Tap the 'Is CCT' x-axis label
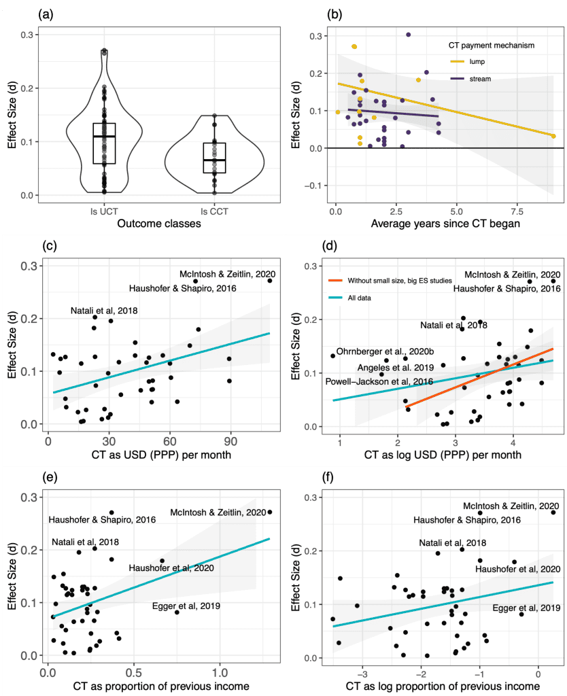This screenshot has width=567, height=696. pos(215,211)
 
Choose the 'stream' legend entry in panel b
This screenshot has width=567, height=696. pos(480,80)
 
